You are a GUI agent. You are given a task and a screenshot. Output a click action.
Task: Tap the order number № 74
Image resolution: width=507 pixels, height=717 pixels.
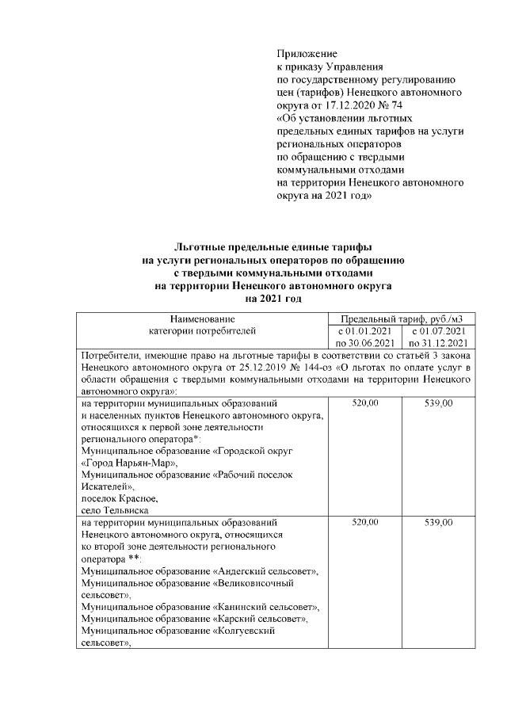pyautogui.click(x=391, y=104)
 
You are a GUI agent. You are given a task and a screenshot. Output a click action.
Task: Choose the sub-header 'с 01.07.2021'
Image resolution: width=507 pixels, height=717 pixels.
pyautogui.click(x=438, y=330)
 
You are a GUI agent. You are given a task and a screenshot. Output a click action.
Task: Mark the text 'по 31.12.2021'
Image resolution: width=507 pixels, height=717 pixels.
pyautogui.click(x=438, y=343)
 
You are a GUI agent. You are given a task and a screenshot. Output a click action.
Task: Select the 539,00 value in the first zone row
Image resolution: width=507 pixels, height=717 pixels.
pyautogui.click(x=438, y=403)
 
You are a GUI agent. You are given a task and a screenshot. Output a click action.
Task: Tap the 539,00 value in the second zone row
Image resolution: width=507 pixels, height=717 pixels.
pyautogui.click(x=438, y=524)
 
